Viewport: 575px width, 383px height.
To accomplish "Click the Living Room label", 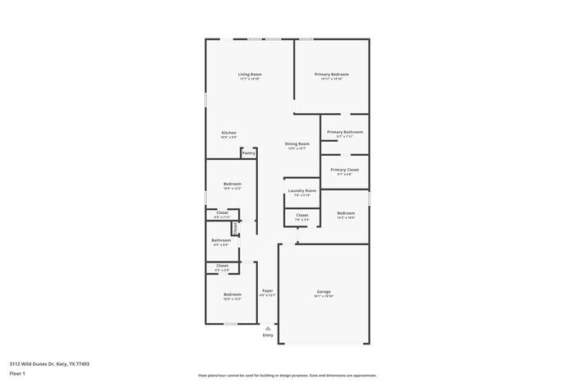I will click(250, 75).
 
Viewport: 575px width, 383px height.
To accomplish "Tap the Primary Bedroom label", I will click(332, 75).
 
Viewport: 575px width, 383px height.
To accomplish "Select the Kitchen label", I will click(229, 133).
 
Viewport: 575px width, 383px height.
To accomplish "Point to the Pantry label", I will click(248, 153).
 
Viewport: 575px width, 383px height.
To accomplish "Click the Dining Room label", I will click(297, 144).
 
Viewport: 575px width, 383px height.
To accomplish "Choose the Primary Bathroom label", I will click(345, 132).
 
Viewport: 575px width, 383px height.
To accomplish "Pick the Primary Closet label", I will click(345, 170).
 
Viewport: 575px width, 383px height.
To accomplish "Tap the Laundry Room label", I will click(301, 191).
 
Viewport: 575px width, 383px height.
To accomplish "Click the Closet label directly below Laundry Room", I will click(301, 216).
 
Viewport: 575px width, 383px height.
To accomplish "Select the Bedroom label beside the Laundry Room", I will click(346, 213).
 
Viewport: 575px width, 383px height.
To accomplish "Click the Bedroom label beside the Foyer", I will click(232, 294).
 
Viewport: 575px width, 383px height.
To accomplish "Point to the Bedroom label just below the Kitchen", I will click(232, 184).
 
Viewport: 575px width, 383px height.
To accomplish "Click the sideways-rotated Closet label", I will click(236, 228).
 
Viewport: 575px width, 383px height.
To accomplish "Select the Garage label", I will click(324, 291).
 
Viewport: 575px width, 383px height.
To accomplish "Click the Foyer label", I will click(268, 291).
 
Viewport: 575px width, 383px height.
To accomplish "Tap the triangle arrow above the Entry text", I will click(268, 328).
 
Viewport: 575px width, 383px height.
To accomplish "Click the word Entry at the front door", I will click(268, 335).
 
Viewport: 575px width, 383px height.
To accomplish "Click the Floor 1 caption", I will click(17, 373).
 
